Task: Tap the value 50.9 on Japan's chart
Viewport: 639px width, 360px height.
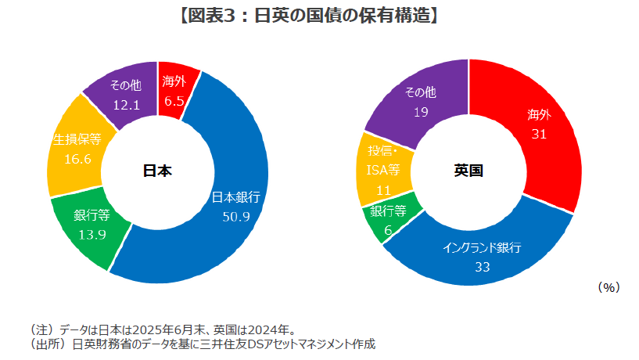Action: coord(235,217)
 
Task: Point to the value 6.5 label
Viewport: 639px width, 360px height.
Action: coord(174,101)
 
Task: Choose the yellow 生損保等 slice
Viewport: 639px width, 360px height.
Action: coord(74,153)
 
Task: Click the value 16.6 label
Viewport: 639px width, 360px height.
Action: coord(77,160)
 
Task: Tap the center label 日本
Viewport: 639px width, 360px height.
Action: coord(156,171)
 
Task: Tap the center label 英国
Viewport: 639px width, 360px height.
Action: coord(468,171)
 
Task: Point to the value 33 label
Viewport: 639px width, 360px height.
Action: coord(482,267)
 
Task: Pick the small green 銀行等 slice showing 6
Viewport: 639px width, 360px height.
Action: coord(388,218)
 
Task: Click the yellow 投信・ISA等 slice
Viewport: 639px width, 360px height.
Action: coord(380,167)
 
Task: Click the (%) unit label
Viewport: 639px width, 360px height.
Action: coord(608,288)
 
